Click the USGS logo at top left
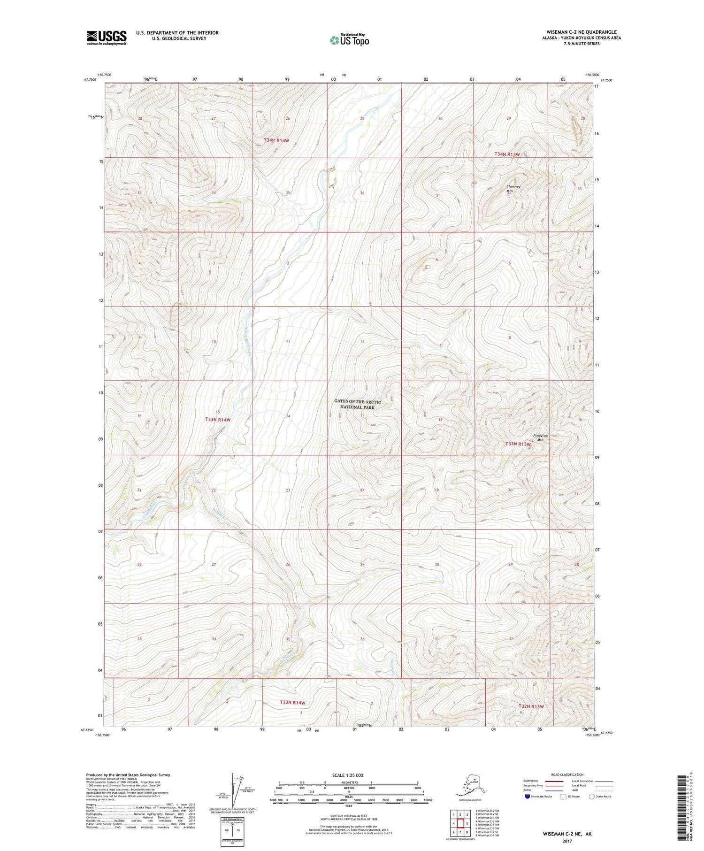[x=107, y=38]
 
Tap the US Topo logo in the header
[x=349, y=40]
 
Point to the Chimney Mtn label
[x=513, y=189]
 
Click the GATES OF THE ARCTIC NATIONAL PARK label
[x=357, y=404]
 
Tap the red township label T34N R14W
[x=276, y=140]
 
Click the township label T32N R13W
[x=531, y=706]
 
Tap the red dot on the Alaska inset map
[x=475, y=782]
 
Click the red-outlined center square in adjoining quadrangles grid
[x=460, y=823]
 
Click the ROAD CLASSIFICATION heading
[x=567, y=774]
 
